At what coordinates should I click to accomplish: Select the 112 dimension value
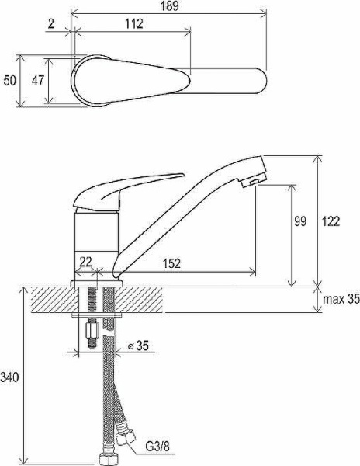pos(134,25)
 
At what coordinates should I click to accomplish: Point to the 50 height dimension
pos(9,80)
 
